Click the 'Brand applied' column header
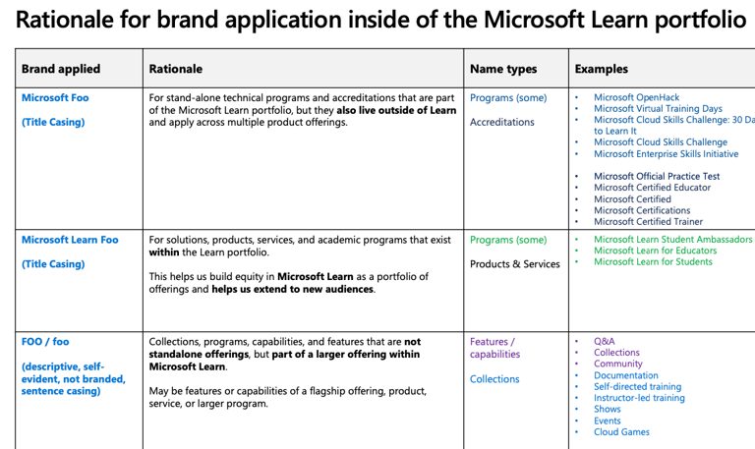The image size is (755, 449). point(61,69)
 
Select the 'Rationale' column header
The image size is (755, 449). point(176,69)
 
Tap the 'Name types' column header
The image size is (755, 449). point(503,69)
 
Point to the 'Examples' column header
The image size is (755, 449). point(601,69)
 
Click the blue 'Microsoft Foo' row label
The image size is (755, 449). point(55,98)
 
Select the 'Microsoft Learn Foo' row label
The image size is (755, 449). point(70,240)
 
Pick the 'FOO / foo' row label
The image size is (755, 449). point(45,342)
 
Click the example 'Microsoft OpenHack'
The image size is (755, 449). point(636,98)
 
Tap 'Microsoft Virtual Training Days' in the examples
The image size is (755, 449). point(658,109)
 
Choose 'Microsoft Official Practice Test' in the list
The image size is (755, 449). point(657,177)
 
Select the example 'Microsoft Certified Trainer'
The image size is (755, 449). point(648,222)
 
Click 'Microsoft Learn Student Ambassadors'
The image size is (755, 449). point(672,240)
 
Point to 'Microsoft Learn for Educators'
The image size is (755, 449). point(655,251)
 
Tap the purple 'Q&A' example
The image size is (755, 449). point(605,342)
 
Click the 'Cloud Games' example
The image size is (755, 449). point(621,432)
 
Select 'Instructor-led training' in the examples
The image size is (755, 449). point(639,398)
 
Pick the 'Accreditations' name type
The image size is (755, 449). point(502,123)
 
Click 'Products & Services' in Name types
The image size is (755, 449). point(515,264)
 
